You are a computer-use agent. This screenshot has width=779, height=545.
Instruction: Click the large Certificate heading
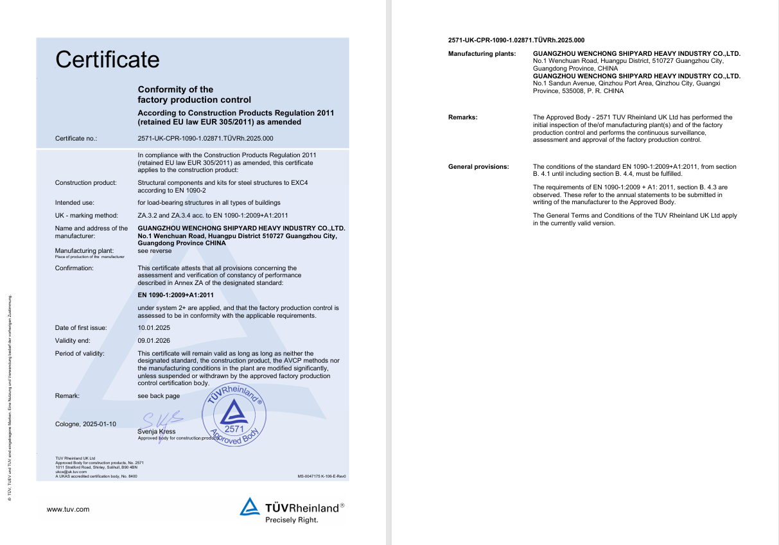(107, 60)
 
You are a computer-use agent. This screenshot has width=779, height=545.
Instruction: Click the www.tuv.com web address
(68, 510)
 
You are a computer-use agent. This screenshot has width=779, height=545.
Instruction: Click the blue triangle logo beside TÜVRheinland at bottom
(250, 506)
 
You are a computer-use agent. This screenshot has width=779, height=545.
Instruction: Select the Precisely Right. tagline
(292, 520)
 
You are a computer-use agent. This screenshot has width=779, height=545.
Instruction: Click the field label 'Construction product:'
(86, 183)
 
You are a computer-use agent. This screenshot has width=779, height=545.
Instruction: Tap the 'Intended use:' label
(74, 203)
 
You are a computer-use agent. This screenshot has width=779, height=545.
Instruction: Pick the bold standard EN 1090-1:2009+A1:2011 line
(176, 295)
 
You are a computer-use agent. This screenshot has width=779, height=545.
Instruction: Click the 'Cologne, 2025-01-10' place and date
(86, 424)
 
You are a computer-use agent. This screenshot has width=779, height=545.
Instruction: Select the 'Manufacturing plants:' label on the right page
(482, 54)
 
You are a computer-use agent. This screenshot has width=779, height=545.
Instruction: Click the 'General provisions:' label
(478, 167)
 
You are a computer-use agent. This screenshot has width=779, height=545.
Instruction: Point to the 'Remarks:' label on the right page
(462, 117)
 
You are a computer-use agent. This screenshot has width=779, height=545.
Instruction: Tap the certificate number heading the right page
(516, 40)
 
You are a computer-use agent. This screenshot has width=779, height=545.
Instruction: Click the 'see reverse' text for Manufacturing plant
(155, 251)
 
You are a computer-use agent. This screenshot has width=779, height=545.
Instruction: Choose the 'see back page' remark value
(159, 396)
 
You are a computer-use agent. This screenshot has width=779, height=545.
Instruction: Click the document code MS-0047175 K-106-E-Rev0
(322, 476)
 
